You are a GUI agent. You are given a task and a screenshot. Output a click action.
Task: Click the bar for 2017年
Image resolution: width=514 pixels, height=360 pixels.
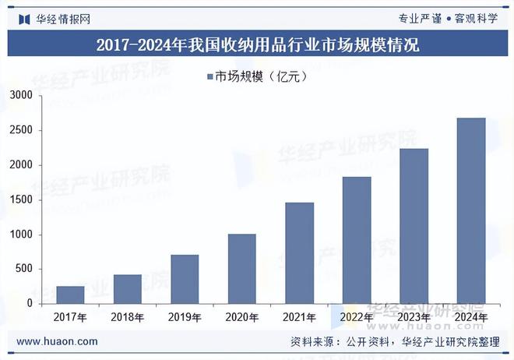pyautogui.click(x=70, y=295)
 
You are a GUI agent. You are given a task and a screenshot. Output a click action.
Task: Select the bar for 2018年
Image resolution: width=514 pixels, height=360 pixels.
pyautogui.click(x=128, y=289)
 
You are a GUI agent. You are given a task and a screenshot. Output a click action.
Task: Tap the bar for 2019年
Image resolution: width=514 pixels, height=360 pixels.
pyautogui.click(x=185, y=279)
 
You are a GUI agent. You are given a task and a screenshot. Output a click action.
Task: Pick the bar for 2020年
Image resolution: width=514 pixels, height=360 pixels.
pyautogui.click(x=241, y=269)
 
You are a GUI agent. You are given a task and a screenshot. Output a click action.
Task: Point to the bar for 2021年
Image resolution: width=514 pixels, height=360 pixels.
pyautogui.click(x=299, y=252)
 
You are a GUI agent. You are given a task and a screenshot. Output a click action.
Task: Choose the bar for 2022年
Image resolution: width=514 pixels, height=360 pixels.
pyautogui.click(x=357, y=240)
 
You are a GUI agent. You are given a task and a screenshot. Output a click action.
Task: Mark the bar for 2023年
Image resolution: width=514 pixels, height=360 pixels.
pyautogui.click(x=414, y=226)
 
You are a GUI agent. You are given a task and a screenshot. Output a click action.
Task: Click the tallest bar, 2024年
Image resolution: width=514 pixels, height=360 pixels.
pyautogui.click(x=471, y=210)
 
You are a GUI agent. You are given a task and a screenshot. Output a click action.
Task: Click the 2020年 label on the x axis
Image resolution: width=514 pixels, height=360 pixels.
pyautogui.click(x=241, y=318)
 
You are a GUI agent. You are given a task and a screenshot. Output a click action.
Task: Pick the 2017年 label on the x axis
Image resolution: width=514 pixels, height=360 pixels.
pyautogui.click(x=70, y=318)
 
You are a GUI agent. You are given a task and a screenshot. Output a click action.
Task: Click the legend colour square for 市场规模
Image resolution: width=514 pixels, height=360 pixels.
pyautogui.click(x=210, y=76)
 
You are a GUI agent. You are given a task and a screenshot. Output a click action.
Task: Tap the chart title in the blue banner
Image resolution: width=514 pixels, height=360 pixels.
pyautogui.click(x=257, y=44)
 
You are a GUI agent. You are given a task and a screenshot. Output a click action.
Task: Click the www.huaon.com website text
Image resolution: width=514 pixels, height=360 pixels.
pyautogui.click(x=57, y=341)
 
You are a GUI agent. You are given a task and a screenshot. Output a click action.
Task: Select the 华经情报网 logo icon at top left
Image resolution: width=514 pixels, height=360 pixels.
pyautogui.click(x=24, y=18)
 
